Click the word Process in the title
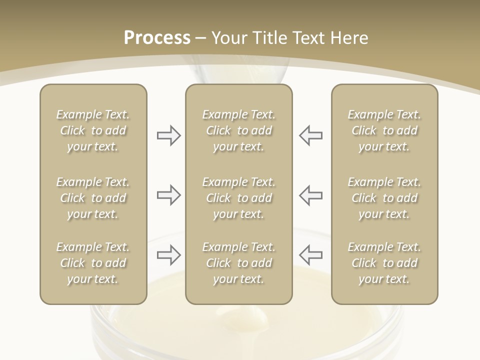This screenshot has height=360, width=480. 157,38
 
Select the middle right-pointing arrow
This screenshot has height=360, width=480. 168,195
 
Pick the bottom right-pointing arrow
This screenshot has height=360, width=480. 168,255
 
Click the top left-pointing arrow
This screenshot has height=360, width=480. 311,135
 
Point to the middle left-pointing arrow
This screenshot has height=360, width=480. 311,195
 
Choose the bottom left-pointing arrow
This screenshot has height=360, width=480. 311,254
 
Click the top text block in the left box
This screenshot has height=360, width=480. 93,130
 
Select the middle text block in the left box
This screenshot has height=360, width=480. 93,198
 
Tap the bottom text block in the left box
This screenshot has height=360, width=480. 93,263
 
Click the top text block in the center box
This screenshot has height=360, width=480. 238,130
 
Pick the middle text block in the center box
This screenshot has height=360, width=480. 238,198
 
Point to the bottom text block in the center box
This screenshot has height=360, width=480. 238,263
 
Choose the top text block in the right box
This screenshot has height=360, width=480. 384,130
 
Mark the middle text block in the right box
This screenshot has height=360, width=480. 384,198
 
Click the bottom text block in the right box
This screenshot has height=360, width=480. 384,263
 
